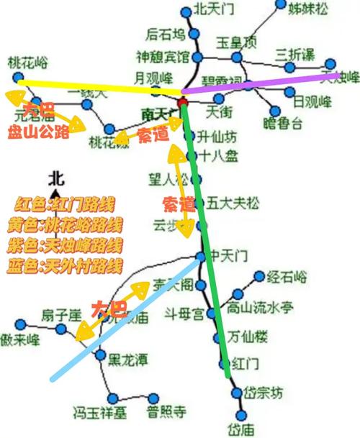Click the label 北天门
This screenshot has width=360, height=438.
pyautogui.click(x=214, y=10)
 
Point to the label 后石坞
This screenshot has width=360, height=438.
pyautogui.click(x=166, y=34)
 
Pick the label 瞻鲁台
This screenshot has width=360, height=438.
pyautogui.click(x=283, y=123)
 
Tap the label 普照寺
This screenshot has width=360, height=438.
pyautogui.click(x=166, y=412)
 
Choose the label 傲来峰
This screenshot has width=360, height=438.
pyautogui.click(x=20, y=339)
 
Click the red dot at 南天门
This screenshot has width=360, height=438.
pyautogui.click(x=183, y=103)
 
